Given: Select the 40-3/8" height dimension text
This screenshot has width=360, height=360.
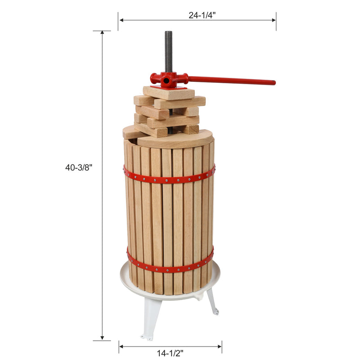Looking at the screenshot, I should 79,167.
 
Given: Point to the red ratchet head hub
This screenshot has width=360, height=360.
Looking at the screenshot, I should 168,81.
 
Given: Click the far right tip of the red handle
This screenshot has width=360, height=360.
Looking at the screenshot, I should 273,83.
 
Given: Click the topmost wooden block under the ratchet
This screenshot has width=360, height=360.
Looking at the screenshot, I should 169,93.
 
